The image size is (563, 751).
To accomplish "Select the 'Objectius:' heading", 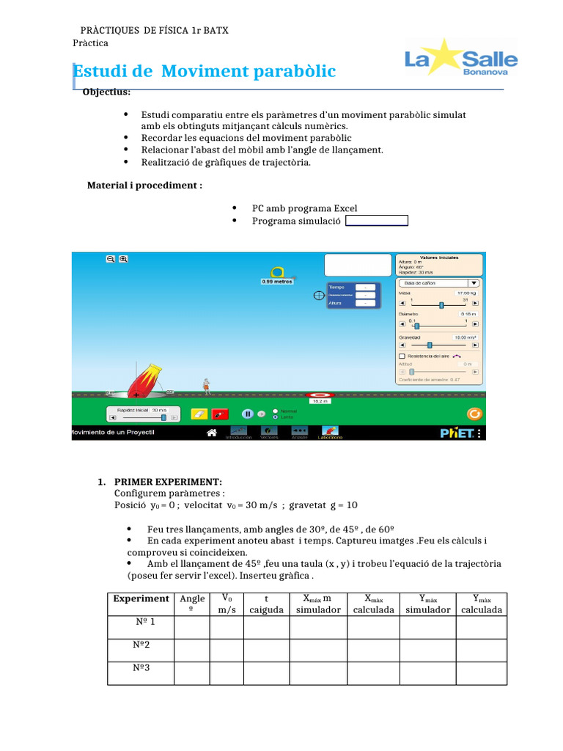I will [x=107, y=92].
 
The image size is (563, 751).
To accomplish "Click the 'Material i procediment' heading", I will [x=144, y=186].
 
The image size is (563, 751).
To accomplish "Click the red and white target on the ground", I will [x=320, y=396].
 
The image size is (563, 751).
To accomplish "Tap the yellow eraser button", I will [x=199, y=414].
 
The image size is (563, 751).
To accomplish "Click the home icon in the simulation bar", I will [x=211, y=433].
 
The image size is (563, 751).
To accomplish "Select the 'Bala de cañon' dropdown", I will [x=438, y=282].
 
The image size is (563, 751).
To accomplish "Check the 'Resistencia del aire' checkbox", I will [x=401, y=356].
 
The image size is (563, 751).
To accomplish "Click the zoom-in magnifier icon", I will [x=123, y=259].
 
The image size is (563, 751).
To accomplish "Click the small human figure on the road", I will [x=207, y=387].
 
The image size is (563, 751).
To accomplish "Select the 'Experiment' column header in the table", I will [x=141, y=599].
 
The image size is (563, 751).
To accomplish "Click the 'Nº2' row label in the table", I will [x=141, y=646].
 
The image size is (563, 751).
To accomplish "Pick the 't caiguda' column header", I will [x=266, y=604].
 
